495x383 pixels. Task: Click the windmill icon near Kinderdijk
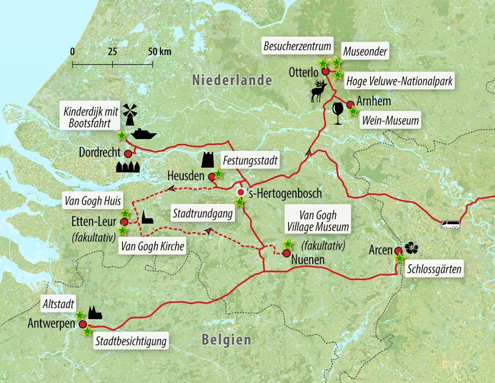(x=129, y=115)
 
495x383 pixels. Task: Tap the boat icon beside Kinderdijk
(x=143, y=134)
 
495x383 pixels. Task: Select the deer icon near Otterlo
(x=319, y=92)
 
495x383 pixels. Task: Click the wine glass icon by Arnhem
(x=338, y=113)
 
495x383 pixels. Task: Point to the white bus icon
(x=450, y=225)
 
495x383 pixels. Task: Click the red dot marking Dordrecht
(x=128, y=153)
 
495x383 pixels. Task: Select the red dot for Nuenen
(x=286, y=253)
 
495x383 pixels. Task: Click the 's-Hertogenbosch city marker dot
(x=241, y=192)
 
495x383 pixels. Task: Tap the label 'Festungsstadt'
(x=250, y=161)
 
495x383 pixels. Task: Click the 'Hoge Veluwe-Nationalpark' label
(x=399, y=82)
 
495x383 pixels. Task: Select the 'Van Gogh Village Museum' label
(x=318, y=220)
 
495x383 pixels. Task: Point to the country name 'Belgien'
(x=226, y=340)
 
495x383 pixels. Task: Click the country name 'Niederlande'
(x=232, y=80)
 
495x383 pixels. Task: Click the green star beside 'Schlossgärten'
(x=399, y=258)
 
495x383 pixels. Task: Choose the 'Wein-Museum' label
(x=391, y=121)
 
